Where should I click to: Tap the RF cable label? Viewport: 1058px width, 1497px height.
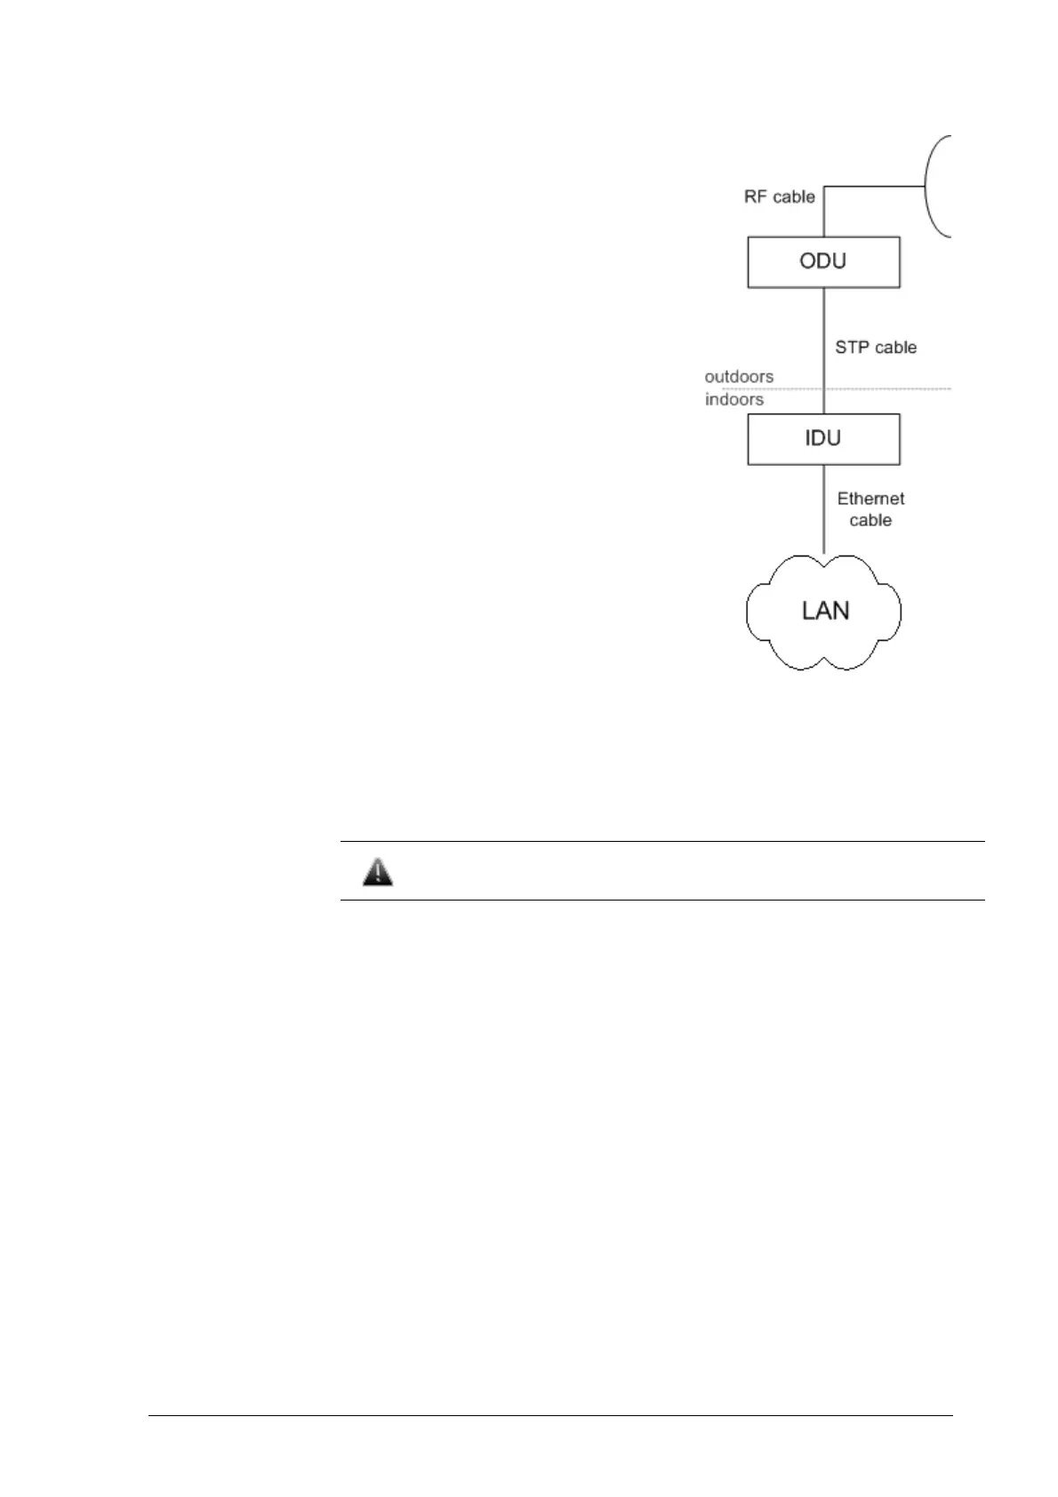(x=779, y=196)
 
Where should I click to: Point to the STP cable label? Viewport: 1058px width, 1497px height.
(x=875, y=348)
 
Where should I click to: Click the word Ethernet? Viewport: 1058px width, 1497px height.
(x=870, y=500)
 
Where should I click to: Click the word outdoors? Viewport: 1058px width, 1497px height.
(x=739, y=377)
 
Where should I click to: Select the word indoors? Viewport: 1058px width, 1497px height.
(x=734, y=400)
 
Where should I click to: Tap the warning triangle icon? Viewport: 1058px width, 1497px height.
(x=378, y=872)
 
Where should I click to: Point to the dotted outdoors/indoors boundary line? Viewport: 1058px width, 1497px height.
(x=889, y=388)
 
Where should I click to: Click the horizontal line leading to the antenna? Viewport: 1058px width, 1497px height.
(x=876, y=187)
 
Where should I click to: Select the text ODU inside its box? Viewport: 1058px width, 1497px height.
(x=823, y=261)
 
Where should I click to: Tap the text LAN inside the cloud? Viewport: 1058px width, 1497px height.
(x=825, y=611)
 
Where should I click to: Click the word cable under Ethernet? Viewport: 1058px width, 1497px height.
(x=870, y=521)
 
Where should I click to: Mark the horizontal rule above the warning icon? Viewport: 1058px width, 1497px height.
(x=662, y=841)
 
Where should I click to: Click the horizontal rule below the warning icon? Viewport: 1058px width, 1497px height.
(x=662, y=900)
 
